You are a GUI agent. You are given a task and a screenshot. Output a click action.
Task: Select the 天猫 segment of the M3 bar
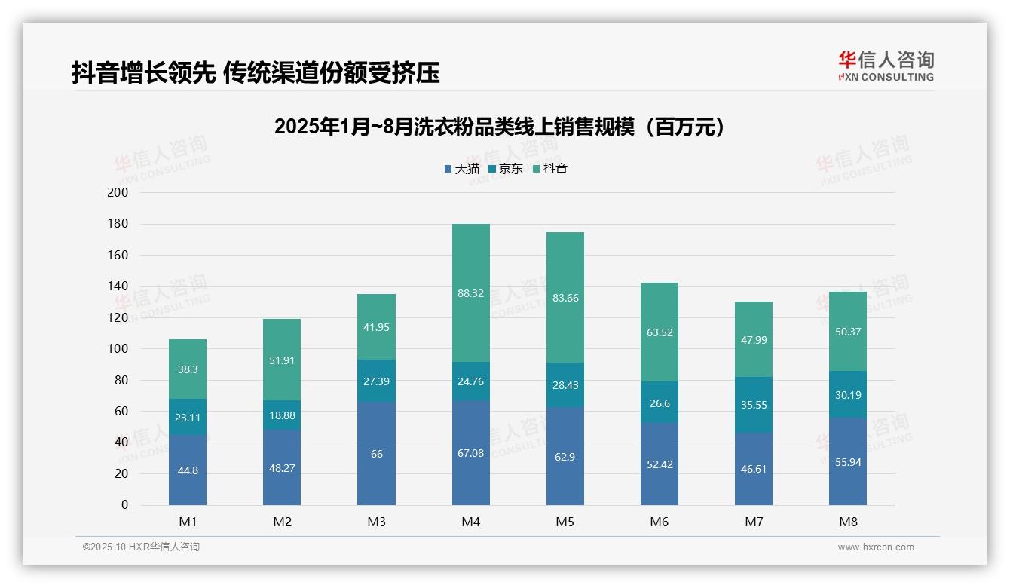[x=376, y=454]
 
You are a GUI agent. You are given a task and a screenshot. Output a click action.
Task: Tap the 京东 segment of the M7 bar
[x=753, y=405]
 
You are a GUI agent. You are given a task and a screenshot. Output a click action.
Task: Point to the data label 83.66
[x=565, y=298]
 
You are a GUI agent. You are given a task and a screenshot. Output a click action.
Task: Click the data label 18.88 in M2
[x=282, y=415]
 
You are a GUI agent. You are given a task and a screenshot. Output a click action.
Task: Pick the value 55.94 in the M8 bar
[x=848, y=462]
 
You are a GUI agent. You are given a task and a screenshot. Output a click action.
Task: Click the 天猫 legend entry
[x=461, y=169]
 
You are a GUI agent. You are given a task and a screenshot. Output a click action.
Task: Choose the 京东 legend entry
[x=506, y=169]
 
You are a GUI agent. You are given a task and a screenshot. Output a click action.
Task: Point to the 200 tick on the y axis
[x=118, y=193]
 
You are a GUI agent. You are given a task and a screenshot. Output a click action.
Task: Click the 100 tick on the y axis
[x=118, y=349]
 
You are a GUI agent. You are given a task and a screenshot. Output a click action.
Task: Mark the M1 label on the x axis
[x=188, y=522]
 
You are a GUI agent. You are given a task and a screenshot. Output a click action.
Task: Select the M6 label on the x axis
[x=660, y=522]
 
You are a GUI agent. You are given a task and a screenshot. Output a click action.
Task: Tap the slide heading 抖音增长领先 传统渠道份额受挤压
[x=256, y=73]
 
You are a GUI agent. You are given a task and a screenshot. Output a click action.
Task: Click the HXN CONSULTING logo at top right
[x=886, y=66]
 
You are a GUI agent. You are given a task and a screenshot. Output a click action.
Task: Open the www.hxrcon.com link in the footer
[x=875, y=547]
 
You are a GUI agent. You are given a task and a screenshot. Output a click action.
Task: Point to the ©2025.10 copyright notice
[x=141, y=547]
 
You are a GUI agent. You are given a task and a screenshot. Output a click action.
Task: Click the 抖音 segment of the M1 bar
[x=188, y=369]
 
